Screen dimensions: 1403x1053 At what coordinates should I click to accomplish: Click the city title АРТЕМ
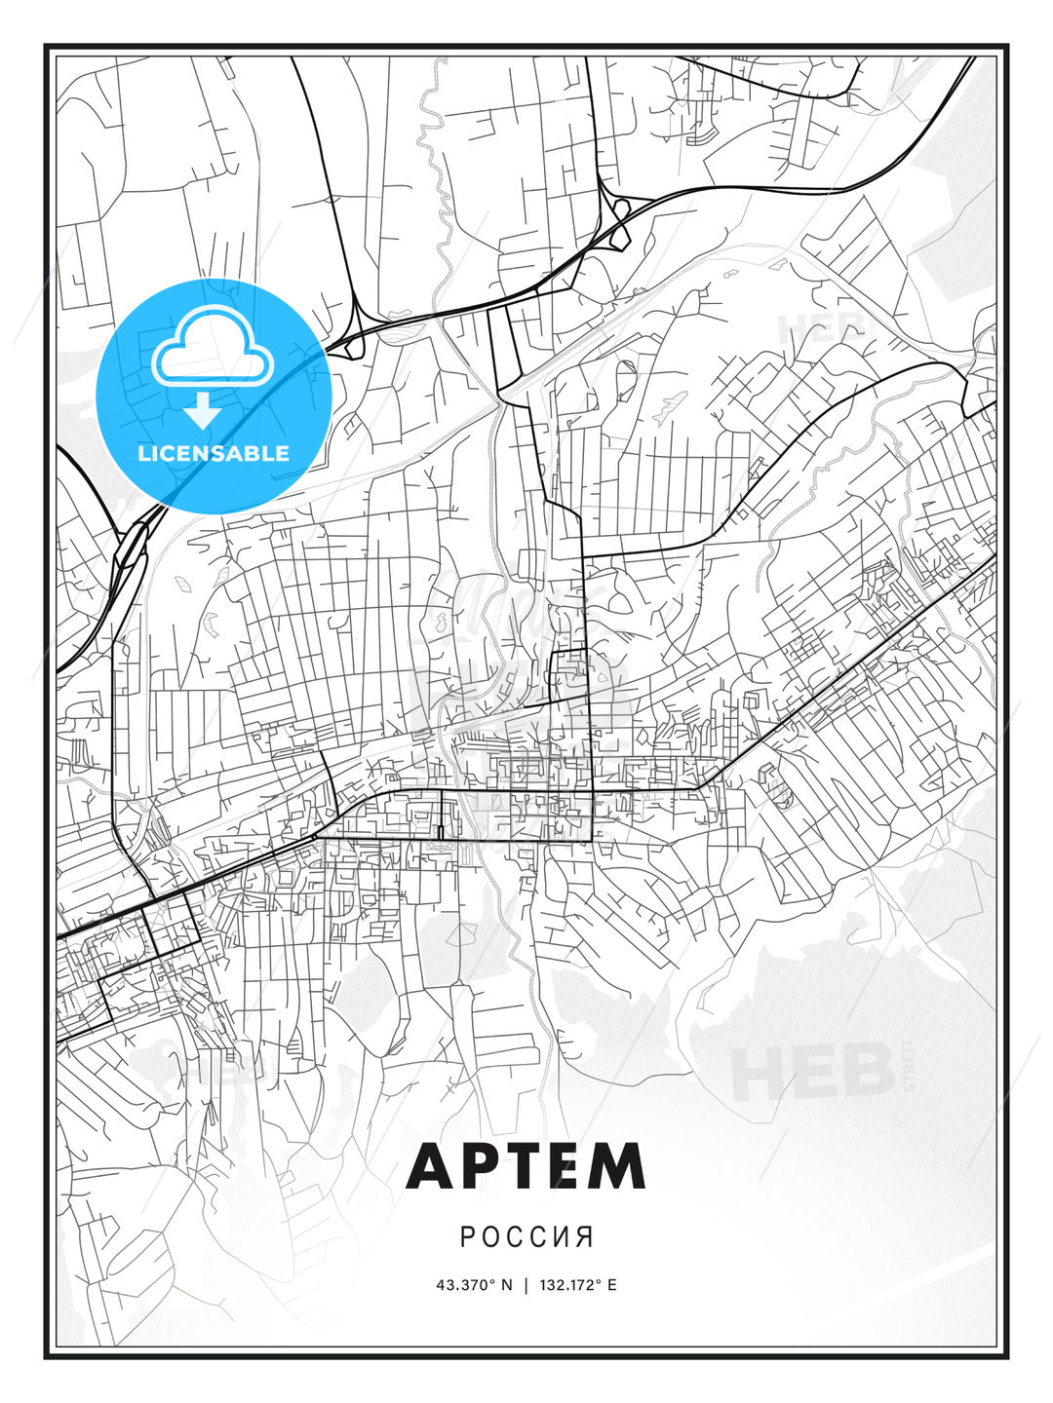point(526,1166)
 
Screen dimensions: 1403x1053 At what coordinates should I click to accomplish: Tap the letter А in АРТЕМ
point(431,1166)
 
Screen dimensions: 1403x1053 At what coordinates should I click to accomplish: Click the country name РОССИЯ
point(526,1236)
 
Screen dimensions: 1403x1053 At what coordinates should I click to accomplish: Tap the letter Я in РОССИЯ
point(585,1236)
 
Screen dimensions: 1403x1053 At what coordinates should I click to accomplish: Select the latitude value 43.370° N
point(474,1284)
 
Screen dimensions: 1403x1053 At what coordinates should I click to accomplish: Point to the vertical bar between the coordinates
point(526,1284)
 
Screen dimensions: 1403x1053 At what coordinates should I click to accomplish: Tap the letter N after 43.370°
point(506,1284)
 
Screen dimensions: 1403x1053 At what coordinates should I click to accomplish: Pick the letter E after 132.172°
point(612,1284)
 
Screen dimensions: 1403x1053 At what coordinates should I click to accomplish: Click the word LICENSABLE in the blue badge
point(214,453)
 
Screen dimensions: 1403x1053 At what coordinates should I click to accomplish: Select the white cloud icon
point(211,349)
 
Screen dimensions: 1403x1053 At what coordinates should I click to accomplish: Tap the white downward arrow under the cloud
point(203,411)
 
